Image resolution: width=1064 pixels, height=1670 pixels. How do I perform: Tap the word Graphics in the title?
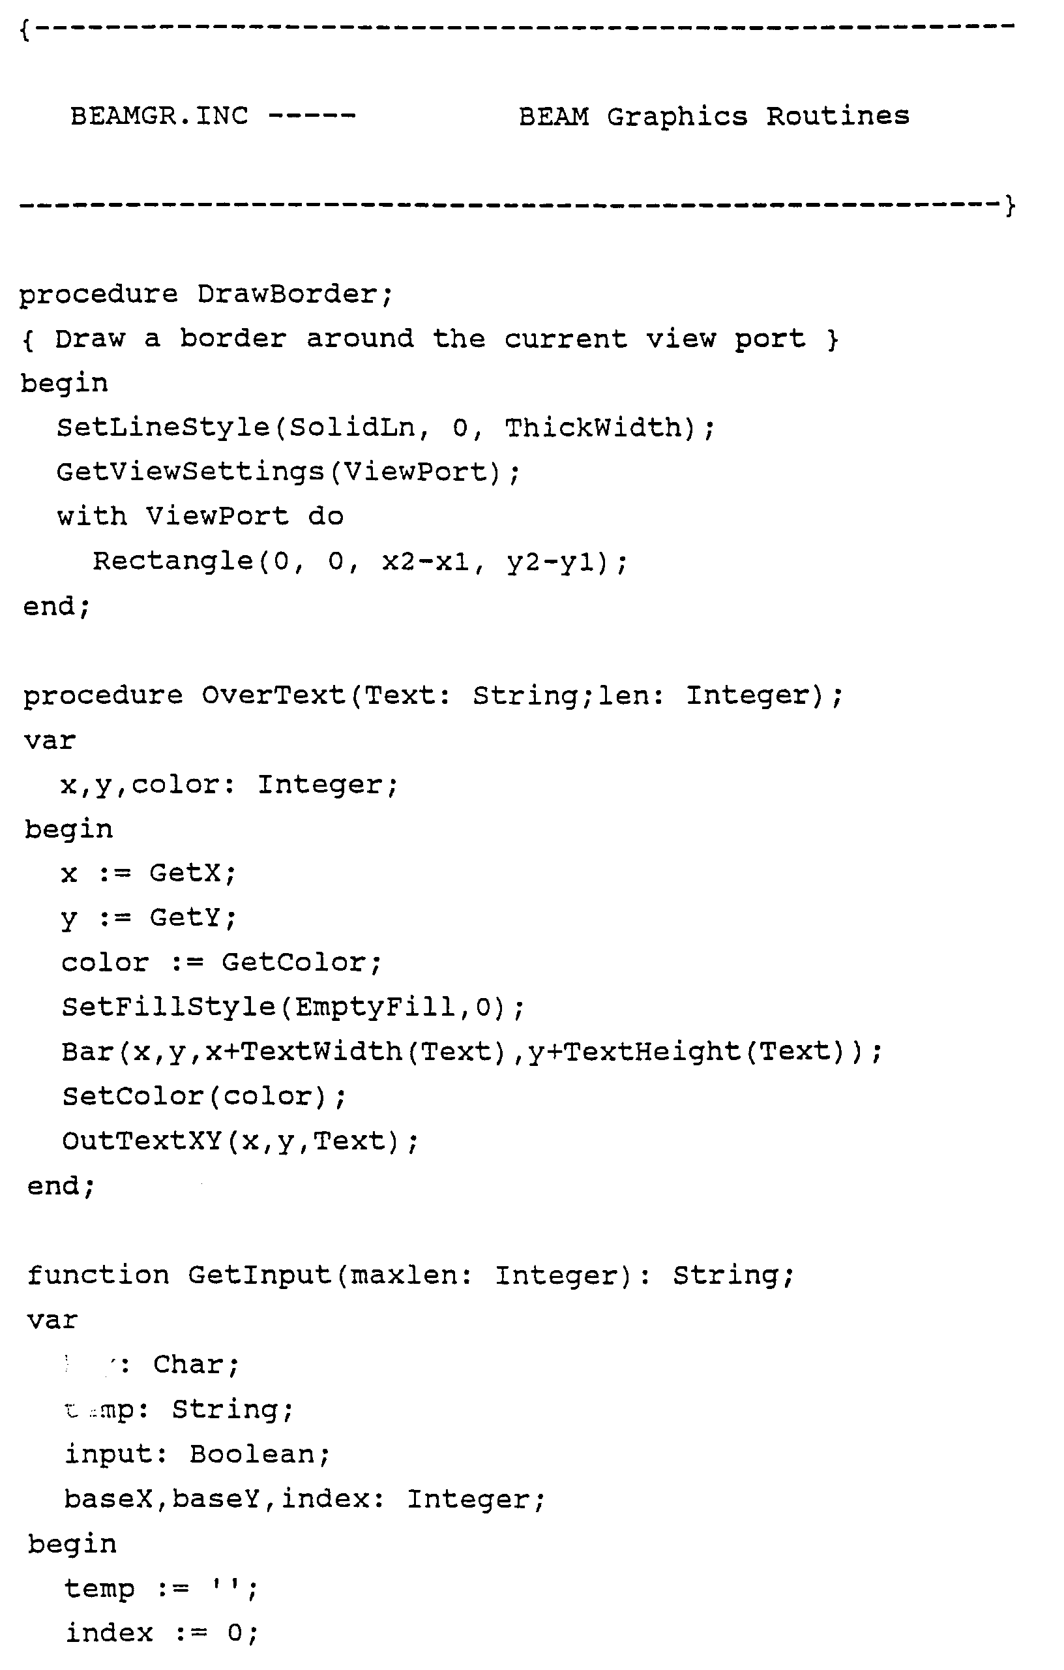point(677,117)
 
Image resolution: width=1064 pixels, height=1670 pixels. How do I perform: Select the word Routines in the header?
point(837,117)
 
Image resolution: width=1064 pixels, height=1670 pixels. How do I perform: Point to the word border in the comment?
point(233,339)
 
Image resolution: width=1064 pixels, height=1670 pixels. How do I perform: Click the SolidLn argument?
point(352,428)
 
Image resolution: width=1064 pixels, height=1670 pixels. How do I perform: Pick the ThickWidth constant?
point(593,428)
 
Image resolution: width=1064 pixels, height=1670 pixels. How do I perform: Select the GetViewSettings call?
point(190,472)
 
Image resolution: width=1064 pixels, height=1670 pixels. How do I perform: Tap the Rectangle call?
point(173,561)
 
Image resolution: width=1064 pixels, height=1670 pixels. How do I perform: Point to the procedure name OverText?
point(274,695)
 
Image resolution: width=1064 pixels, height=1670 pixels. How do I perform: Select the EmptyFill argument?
point(375,1007)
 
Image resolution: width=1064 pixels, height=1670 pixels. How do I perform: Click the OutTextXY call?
point(141,1141)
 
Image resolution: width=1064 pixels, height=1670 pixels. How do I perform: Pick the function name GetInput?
point(260,1275)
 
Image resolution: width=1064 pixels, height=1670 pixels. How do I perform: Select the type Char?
point(188,1364)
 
